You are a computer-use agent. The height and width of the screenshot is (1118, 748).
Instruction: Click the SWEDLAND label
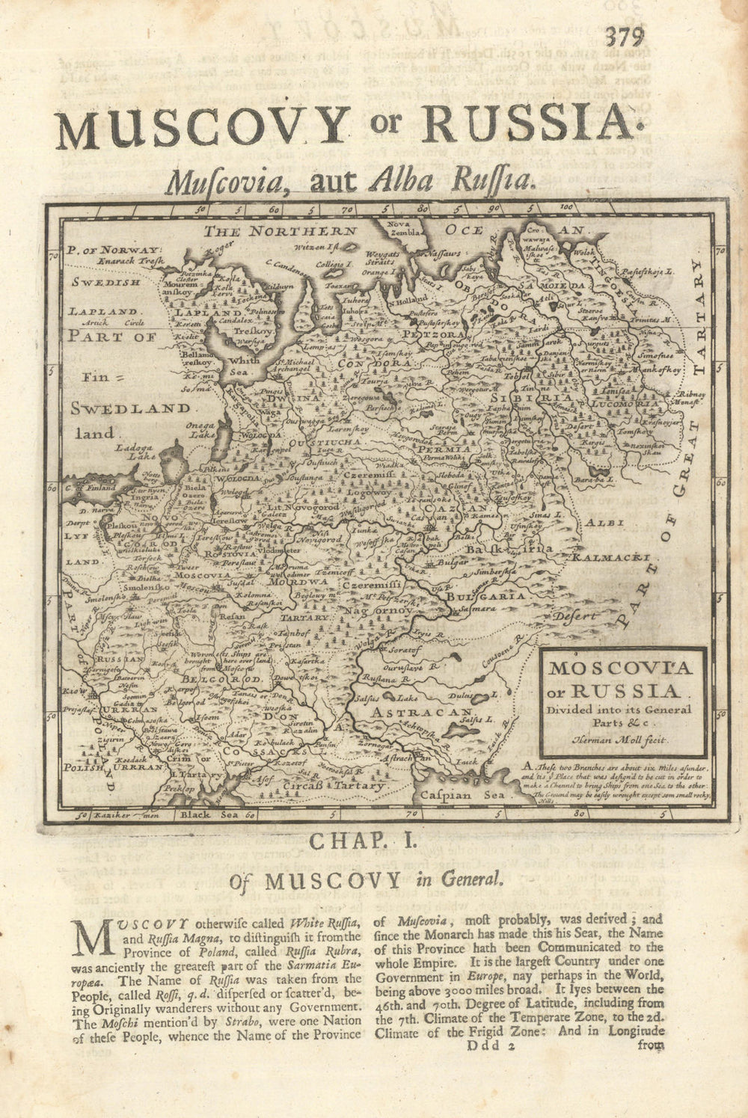(132, 408)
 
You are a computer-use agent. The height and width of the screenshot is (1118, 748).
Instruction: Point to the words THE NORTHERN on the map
(280, 231)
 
